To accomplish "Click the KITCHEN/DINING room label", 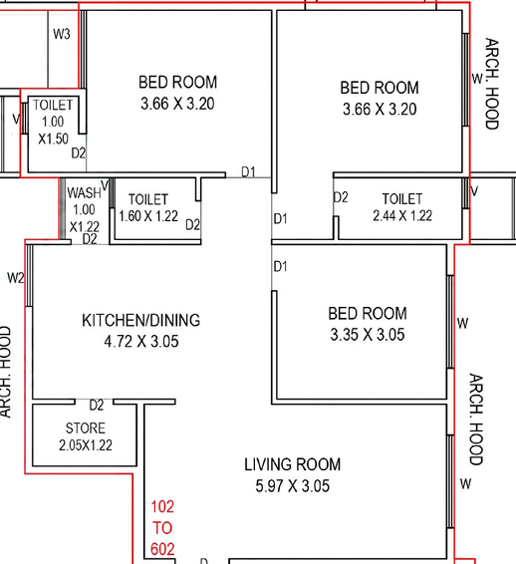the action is pos(141,320).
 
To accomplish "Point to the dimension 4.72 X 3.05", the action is pos(141,342).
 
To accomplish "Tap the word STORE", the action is pos(86,428).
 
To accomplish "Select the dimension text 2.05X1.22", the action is pos(86,445).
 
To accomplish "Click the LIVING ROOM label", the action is pos(292,464).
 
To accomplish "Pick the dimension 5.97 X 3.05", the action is pos(292,486).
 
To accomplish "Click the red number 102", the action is pos(162,506).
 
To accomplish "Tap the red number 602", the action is pos(162,549).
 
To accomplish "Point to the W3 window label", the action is pos(62,34).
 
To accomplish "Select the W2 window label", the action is pos(16,278).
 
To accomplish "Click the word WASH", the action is pos(84,192).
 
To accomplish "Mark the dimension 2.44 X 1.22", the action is pos(402,215).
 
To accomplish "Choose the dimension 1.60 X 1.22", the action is pos(148,216).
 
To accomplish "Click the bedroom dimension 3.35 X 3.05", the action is pos(368,335).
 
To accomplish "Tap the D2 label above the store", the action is pos(97,406).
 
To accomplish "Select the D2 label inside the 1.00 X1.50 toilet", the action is pos(79,153).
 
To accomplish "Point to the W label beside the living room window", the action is pos(465,484).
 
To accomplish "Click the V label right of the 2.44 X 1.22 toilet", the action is pos(474,191).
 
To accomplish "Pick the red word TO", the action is pos(162,528).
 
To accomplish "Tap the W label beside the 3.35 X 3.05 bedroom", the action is pos(463,324).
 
